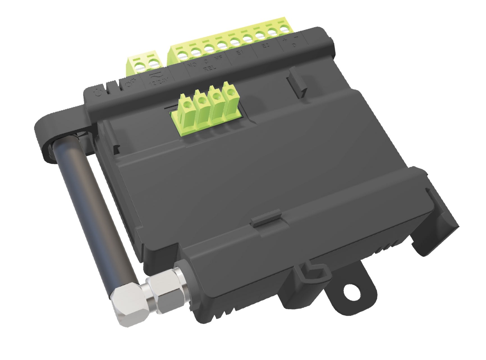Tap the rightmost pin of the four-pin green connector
(x=230, y=91)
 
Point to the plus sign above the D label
(x=285, y=40)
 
